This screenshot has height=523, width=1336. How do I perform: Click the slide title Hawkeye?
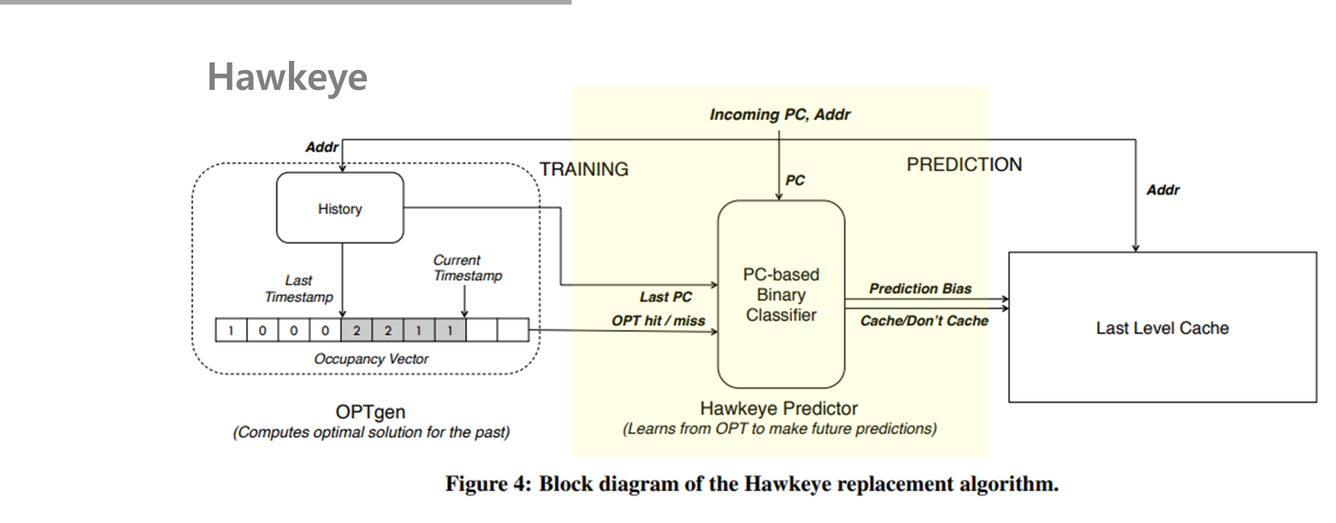287,78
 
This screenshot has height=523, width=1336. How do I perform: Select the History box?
340,208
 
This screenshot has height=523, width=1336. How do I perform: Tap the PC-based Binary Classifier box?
781,295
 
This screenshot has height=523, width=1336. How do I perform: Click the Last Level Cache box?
1162,328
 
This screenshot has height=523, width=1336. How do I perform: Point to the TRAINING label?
584,169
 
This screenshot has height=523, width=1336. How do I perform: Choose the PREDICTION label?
964,164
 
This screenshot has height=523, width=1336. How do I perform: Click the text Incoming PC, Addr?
780,115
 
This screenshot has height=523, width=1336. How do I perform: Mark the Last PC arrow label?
665,297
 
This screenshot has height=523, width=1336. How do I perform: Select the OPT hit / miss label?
658,320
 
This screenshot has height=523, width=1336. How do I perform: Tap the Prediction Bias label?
920,289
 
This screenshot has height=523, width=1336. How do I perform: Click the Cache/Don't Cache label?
924,320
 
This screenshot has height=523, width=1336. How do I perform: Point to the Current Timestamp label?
467,268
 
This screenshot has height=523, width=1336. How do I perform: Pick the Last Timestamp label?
299,289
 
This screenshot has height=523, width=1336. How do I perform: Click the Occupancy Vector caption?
371,359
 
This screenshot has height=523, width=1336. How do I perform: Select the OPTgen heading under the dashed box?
370,412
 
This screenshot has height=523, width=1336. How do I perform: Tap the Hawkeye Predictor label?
779,409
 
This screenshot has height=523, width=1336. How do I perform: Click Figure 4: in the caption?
488,484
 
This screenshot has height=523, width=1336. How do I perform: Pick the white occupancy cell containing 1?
231,330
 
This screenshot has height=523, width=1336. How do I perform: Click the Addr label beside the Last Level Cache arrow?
1162,190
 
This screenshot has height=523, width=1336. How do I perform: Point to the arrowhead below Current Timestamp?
464,314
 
